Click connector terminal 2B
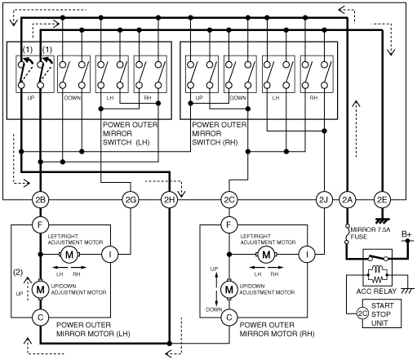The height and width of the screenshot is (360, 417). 40,200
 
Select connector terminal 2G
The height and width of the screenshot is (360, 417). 131,200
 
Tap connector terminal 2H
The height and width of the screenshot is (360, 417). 169,200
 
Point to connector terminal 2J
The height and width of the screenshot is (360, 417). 324,200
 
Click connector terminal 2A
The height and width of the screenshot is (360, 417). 347,200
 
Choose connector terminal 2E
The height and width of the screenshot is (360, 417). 382,200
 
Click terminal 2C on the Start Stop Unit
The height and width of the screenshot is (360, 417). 362,313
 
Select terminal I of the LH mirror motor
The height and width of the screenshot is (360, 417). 110,255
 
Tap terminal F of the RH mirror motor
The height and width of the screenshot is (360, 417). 229,224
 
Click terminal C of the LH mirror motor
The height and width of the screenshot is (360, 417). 40,318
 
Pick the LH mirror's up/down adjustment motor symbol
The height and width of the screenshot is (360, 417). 40,290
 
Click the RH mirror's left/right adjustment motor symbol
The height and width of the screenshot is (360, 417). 266,255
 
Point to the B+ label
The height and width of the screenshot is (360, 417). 406,234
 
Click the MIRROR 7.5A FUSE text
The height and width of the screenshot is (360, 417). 370,233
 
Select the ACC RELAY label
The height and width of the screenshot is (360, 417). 376,291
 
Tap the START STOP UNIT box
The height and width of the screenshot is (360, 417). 382,313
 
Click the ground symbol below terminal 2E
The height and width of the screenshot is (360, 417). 382,220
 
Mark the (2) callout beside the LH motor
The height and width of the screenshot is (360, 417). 18,272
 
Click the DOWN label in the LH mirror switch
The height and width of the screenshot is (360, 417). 73,98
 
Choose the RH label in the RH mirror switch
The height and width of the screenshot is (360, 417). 313,98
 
